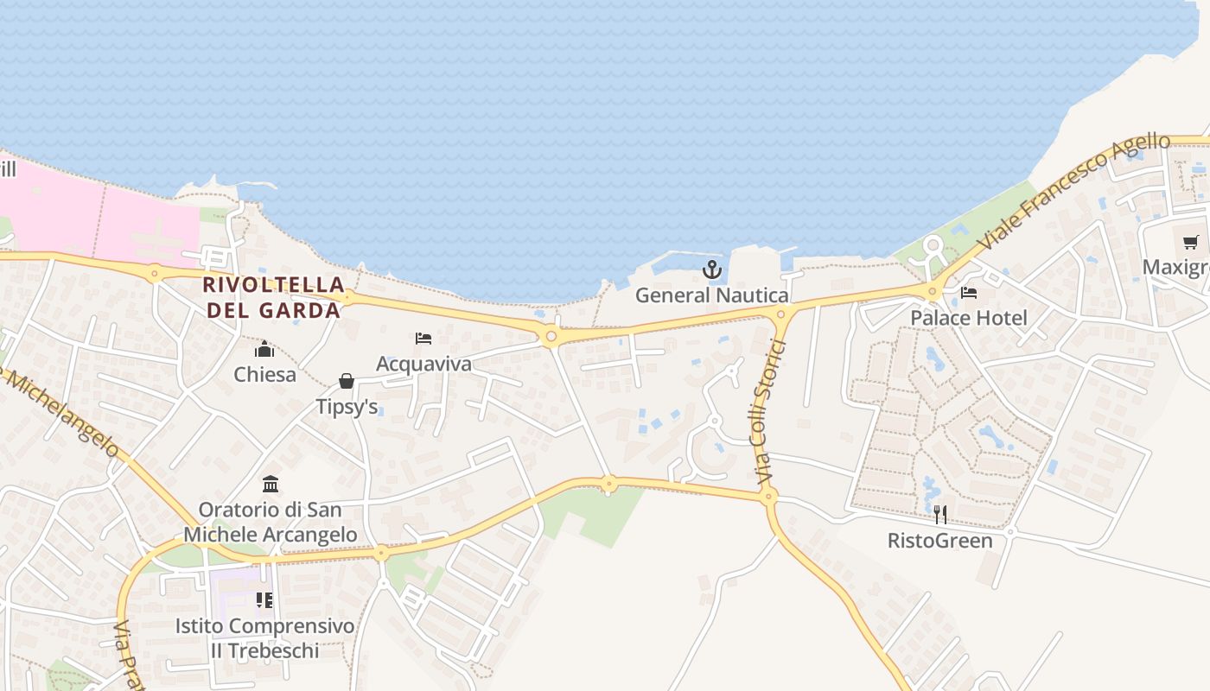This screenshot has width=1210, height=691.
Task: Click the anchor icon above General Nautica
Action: [x=711, y=269]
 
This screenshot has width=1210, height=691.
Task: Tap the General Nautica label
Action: [x=711, y=295]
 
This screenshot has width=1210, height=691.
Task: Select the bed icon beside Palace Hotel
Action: [x=969, y=293]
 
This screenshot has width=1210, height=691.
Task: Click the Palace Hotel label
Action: [x=969, y=318]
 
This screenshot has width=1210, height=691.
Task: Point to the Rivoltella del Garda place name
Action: [x=273, y=297]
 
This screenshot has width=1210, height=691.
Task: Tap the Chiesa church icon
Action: [x=264, y=350]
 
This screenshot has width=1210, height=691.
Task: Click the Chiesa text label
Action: [x=264, y=375]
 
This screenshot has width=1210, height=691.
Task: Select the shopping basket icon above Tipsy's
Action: [x=347, y=381]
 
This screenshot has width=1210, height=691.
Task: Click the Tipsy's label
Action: [x=347, y=407]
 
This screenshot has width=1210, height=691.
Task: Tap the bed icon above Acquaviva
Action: [x=423, y=338]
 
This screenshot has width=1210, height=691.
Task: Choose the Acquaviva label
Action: [x=423, y=364]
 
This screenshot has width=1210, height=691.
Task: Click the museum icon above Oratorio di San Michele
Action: [x=271, y=484]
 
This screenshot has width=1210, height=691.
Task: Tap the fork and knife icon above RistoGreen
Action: [x=940, y=515]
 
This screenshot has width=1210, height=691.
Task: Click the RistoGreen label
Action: [x=940, y=541]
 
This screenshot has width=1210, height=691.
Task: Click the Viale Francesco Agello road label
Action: [x=1075, y=191]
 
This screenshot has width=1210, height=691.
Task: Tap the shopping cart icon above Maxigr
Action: [x=1191, y=242]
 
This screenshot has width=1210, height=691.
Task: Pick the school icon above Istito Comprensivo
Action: [x=264, y=599]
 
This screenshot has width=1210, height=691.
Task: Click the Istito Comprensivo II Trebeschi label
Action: [x=264, y=637]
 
